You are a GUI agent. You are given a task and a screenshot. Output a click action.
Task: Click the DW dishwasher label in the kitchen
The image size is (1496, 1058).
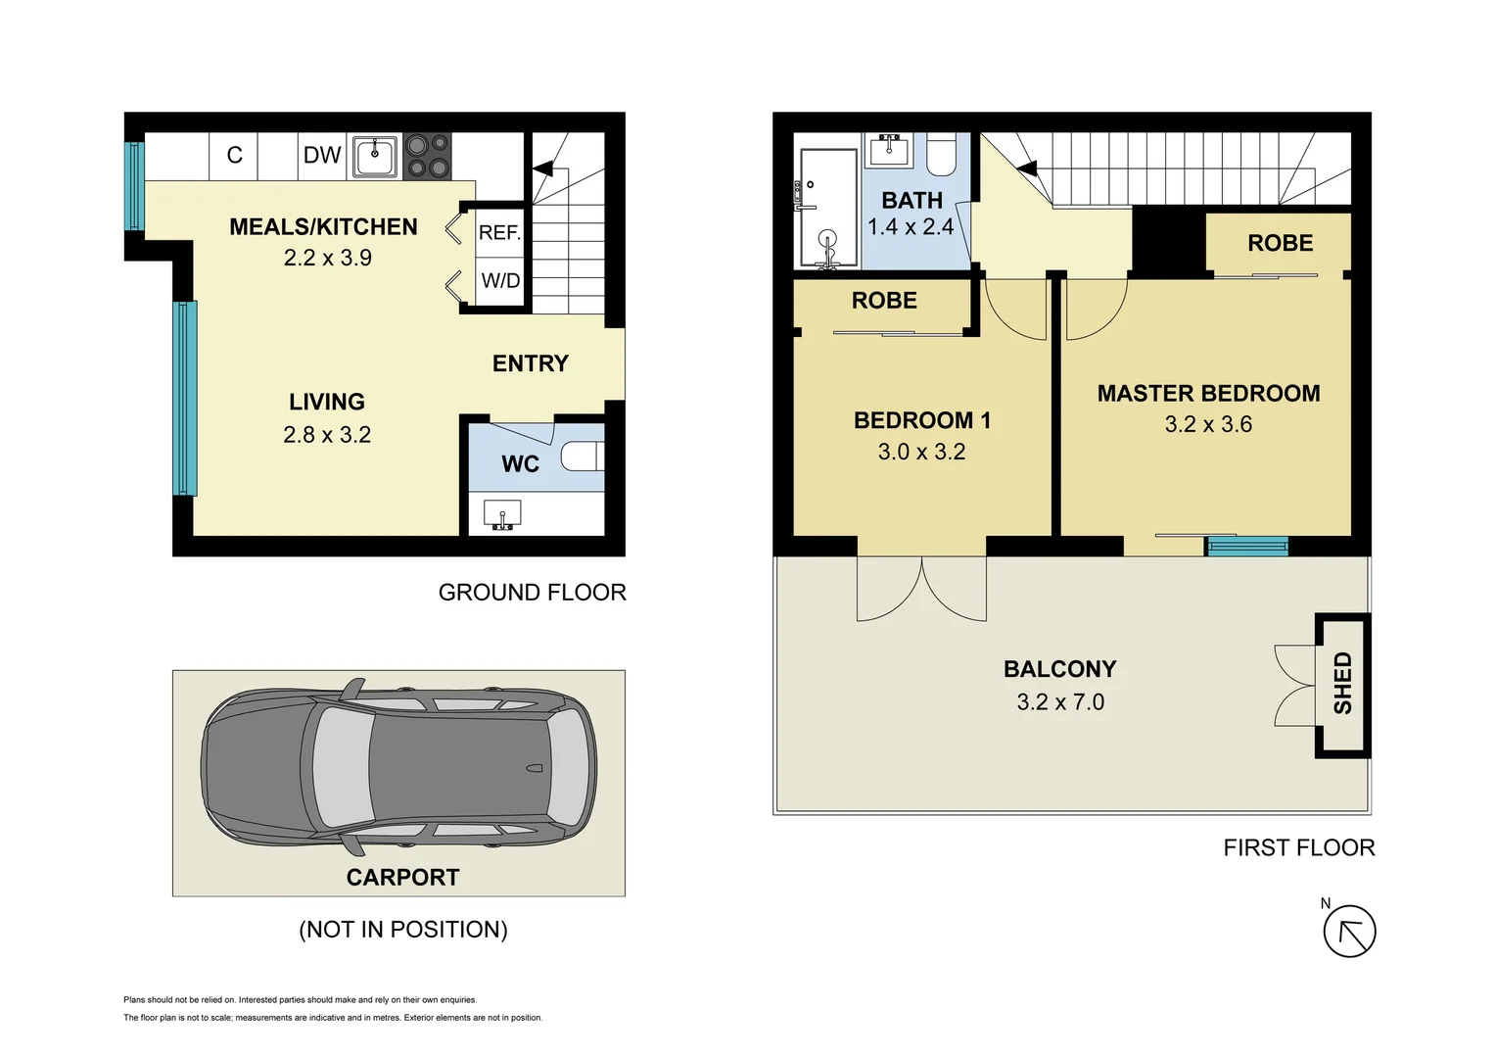click(322, 155)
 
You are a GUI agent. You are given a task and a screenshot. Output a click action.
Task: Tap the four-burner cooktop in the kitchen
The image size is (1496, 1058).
click(427, 156)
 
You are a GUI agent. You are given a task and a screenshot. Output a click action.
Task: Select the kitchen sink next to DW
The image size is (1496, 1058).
click(375, 156)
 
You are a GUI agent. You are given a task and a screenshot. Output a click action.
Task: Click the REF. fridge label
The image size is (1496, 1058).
click(499, 233)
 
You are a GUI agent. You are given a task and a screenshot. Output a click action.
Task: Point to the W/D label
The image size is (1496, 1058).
click(500, 281)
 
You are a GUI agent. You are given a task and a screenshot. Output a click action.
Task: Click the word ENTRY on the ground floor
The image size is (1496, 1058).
click(530, 363)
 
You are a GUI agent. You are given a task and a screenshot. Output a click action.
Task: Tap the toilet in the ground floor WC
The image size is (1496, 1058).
click(582, 457)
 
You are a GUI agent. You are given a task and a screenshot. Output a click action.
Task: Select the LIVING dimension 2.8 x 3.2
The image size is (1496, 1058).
click(327, 435)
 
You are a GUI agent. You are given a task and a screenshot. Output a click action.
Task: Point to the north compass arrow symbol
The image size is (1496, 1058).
click(1349, 931)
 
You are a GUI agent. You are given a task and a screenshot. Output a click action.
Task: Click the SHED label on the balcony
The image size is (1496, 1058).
click(1342, 683)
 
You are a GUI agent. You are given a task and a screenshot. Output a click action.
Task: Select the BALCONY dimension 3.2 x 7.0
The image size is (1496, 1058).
click(1060, 702)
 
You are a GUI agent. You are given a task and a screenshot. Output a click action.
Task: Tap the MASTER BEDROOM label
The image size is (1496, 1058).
click(1208, 394)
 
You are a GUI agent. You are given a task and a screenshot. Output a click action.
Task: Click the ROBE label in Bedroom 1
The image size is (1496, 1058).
click(884, 301)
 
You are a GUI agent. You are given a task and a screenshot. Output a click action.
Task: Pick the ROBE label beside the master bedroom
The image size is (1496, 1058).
click(1280, 243)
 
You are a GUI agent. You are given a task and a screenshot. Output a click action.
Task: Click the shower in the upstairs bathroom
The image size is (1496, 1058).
click(827, 208)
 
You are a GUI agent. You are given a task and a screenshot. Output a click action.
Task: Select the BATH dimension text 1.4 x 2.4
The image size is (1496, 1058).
click(911, 227)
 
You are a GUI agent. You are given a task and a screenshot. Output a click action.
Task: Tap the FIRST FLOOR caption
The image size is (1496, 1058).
click(1298, 847)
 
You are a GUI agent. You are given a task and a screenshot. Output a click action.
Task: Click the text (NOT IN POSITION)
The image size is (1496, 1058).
click(402, 929)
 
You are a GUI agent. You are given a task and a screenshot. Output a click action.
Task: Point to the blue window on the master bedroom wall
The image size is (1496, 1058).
click(1246, 547)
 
